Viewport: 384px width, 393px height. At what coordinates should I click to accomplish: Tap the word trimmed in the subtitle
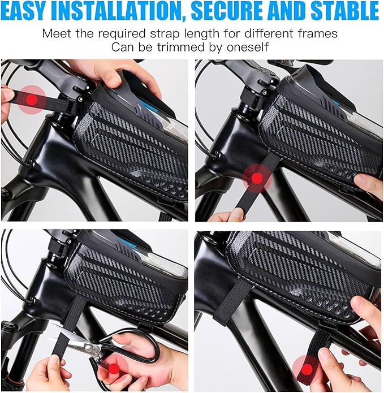187,47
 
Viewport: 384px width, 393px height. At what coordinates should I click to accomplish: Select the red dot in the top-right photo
257,178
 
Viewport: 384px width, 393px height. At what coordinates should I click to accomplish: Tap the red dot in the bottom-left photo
114,368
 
